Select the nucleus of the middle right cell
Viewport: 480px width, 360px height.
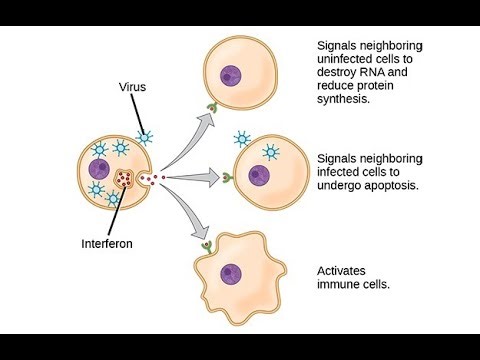[x=260, y=175]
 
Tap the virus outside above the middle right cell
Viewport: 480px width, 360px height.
[x=242, y=138]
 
